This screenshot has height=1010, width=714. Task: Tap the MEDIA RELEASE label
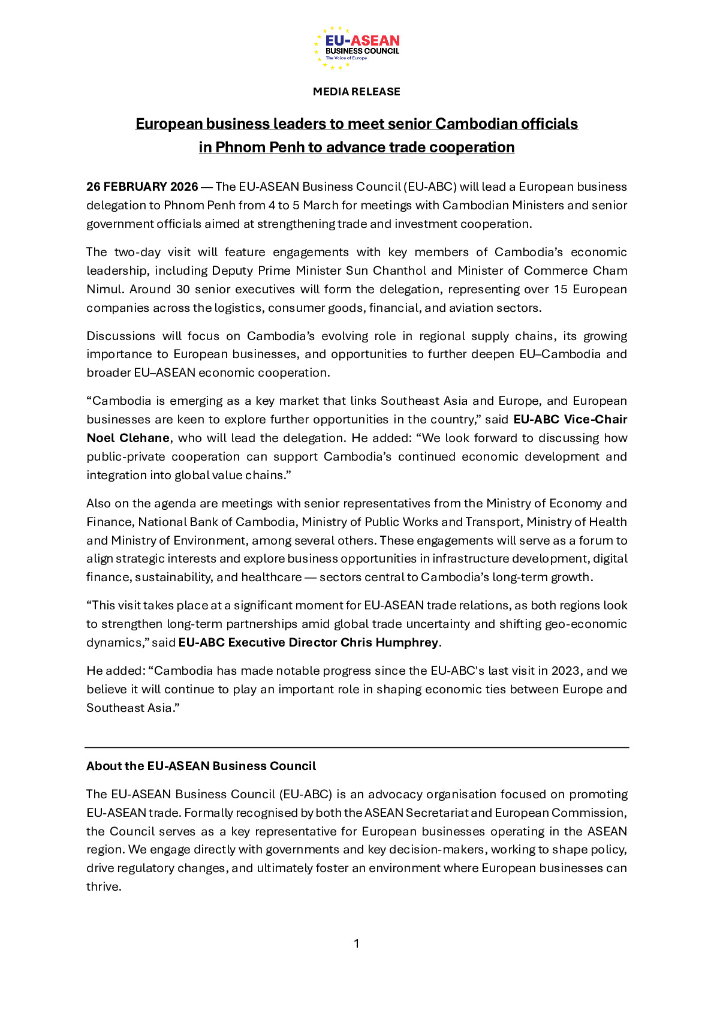click(x=357, y=92)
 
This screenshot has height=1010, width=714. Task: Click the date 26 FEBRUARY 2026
click(x=142, y=187)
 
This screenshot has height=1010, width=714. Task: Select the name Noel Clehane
click(x=128, y=438)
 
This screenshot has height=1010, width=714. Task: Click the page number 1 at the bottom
click(x=357, y=943)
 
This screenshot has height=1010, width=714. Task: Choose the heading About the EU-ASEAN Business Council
click(x=201, y=766)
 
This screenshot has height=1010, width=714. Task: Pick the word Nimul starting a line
click(x=104, y=289)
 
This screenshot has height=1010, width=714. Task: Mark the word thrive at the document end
click(x=103, y=886)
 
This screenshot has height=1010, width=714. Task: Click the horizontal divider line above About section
click(x=357, y=747)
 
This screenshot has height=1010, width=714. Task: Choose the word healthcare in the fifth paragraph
click(x=272, y=577)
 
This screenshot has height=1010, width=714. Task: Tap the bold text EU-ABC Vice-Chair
click(x=570, y=419)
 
